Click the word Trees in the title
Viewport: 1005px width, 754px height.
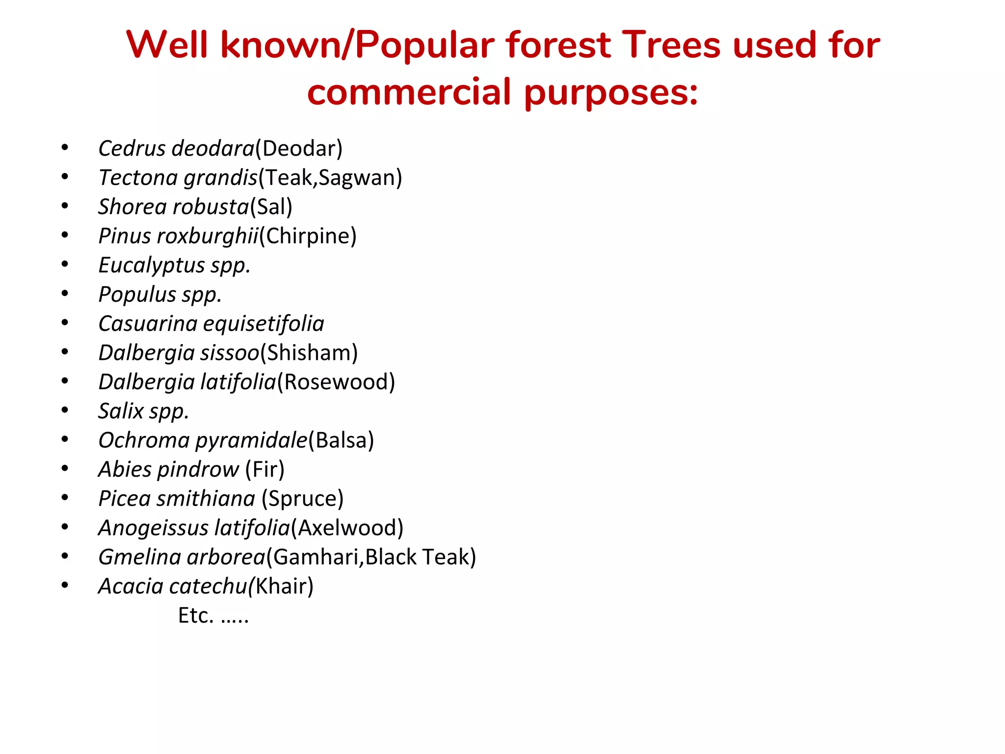point(672,45)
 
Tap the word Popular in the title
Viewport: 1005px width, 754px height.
point(425,45)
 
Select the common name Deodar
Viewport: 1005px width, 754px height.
point(299,148)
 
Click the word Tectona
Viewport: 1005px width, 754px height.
point(138,178)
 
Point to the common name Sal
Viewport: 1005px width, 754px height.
point(271,207)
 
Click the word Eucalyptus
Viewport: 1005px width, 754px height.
point(152,266)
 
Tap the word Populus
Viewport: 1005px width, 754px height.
point(137,295)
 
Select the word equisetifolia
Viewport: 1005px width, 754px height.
point(264,323)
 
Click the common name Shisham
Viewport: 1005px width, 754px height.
point(309,352)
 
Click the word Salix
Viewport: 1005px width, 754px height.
point(121,411)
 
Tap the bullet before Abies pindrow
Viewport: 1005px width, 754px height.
point(65,468)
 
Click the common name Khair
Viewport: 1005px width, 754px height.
point(283,586)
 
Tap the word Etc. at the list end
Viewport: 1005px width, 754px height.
point(196,616)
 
